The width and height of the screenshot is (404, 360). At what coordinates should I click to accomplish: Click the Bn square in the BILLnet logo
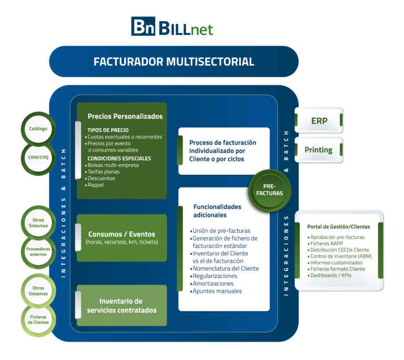click(x=143, y=27)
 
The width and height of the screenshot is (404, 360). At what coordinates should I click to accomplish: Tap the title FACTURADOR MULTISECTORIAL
click(x=174, y=62)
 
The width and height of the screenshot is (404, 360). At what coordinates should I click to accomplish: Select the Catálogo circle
click(x=38, y=128)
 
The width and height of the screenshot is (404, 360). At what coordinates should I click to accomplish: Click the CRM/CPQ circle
click(x=38, y=156)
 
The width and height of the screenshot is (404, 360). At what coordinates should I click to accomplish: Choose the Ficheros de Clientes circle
click(x=38, y=319)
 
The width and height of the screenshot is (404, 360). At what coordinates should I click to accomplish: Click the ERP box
click(x=319, y=121)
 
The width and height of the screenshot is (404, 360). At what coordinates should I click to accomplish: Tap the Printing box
click(x=319, y=150)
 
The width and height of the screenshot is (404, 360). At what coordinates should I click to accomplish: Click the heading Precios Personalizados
click(x=125, y=116)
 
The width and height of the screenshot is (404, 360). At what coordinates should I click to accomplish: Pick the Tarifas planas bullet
click(x=103, y=172)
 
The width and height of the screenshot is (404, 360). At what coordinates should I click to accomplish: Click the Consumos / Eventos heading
click(x=122, y=234)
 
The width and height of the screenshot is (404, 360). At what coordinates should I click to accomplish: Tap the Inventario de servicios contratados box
click(x=122, y=305)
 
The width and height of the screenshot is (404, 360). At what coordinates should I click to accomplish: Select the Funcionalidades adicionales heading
click(x=217, y=211)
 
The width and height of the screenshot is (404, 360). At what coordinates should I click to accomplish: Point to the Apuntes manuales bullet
click(x=217, y=291)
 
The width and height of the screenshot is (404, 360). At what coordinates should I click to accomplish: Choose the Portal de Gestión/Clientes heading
click(x=339, y=226)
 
